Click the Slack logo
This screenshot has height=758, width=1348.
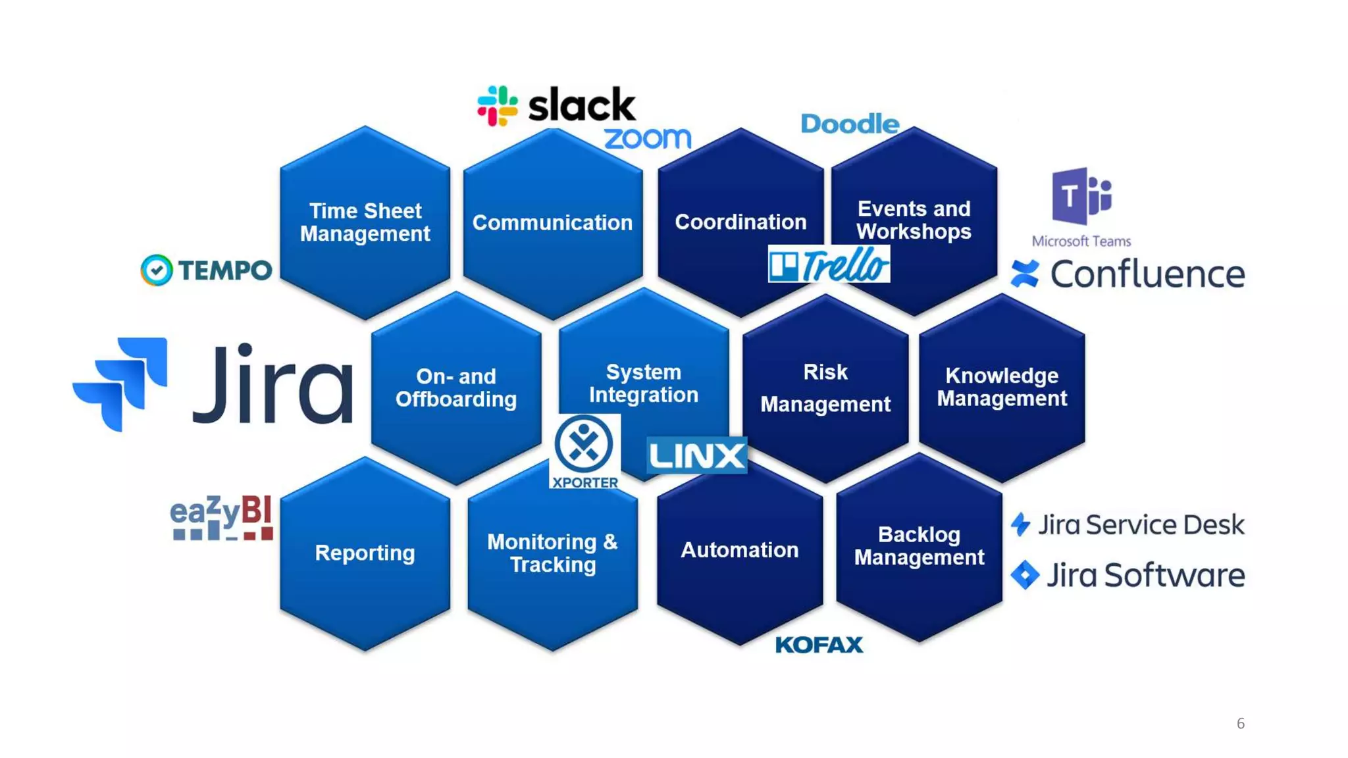pyautogui.click(x=556, y=105)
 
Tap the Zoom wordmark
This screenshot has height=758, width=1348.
pyautogui.click(x=648, y=138)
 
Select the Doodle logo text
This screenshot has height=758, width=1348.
pyautogui.click(x=850, y=124)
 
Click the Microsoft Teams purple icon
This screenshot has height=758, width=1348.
pyautogui.click(x=1081, y=196)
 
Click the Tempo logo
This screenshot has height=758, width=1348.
pyautogui.click(x=207, y=270)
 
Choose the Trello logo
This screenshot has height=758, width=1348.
pyautogui.click(x=829, y=265)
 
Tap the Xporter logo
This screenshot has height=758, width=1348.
pyautogui.click(x=584, y=451)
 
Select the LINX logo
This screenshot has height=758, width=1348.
pyautogui.click(x=696, y=455)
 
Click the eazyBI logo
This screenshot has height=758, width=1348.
pyautogui.click(x=221, y=518)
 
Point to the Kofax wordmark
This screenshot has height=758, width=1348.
pyautogui.click(x=819, y=645)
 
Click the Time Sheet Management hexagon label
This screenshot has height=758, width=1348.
pyautogui.click(x=365, y=222)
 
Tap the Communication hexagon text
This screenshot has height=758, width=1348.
pyautogui.click(x=552, y=223)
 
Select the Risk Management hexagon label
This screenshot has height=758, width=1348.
pyautogui.click(x=825, y=388)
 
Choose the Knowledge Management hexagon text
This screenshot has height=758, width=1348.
pyautogui.click(x=1002, y=387)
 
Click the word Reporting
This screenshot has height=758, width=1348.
pyautogui.click(x=365, y=553)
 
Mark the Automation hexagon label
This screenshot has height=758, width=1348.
pyautogui.click(x=739, y=550)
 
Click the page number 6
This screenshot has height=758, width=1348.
pyautogui.click(x=1240, y=724)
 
